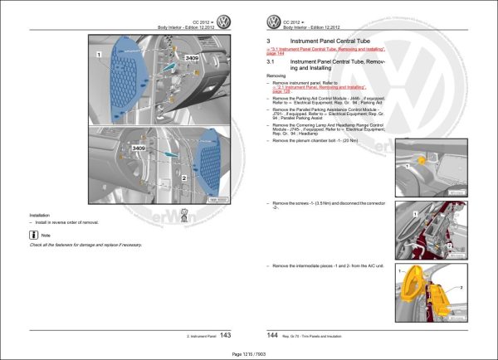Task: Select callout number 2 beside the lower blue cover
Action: [182, 178]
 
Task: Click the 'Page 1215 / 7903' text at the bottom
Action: [250, 353]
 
